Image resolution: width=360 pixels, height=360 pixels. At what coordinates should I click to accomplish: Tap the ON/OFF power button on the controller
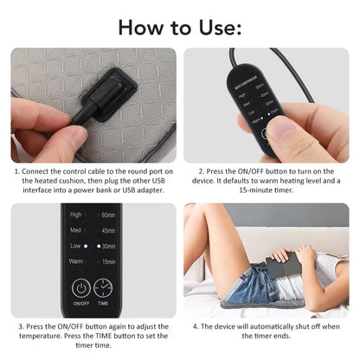[x=80, y=288]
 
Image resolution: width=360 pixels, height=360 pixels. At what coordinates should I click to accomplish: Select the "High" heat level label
[x=76, y=214]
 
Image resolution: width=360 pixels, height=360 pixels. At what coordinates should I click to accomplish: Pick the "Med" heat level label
[x=76, y=230]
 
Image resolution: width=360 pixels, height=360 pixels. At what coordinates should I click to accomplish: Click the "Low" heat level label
[x=76, y=246]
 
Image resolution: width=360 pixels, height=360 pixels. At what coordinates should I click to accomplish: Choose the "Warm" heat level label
[x=77, y=261]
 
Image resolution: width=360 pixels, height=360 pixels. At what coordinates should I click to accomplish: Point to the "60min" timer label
[x=108, y=214]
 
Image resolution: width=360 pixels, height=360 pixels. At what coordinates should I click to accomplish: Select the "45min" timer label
[x=108, y=230]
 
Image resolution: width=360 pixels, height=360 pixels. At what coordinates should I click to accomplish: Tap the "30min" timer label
[x=108, y=246]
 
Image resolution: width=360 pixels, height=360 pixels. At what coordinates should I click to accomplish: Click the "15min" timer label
[x=108, y=261]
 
